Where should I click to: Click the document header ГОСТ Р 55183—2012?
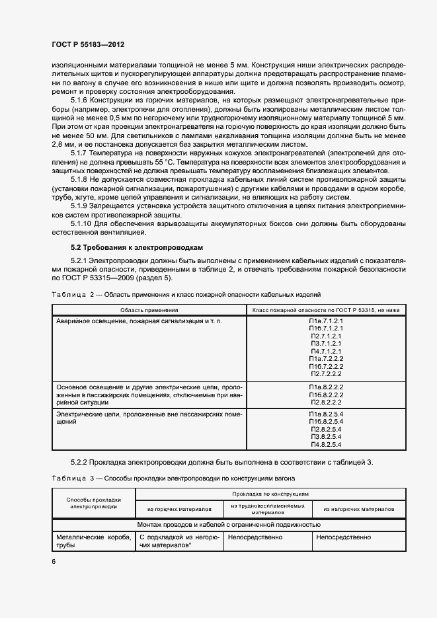(x=87, y=44)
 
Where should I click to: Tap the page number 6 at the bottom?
(x=54, y=561)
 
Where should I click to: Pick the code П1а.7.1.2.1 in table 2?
(x=325, y=321)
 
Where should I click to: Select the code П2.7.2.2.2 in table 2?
(x=325, y=374)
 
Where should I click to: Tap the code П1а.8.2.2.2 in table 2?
(x=325, y=386)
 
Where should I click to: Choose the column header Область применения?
(x=149, y=309)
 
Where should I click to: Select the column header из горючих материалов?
(x=180, y=510)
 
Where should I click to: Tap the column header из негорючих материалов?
(x=359, y=510)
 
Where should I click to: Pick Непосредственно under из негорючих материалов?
(x=344, y=538)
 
